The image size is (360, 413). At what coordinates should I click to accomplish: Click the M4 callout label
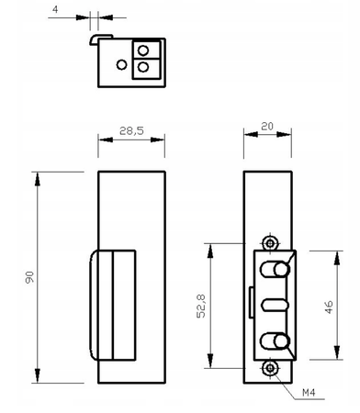tap(311, 393)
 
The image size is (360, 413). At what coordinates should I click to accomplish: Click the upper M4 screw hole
tap(268, 242)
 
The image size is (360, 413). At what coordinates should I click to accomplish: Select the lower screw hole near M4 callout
tap(268, 369)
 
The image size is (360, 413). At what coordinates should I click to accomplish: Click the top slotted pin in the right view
tap(274, 270)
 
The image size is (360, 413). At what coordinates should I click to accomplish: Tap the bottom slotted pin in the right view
tap(274, 342)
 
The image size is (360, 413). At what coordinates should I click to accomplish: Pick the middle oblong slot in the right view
tap(273, 306)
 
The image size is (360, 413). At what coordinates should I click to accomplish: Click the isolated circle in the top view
tap(122, 64)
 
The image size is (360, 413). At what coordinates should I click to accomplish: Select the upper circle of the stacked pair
tap(143, 50)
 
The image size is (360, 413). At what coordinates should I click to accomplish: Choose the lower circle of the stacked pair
tap(143, 67)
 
